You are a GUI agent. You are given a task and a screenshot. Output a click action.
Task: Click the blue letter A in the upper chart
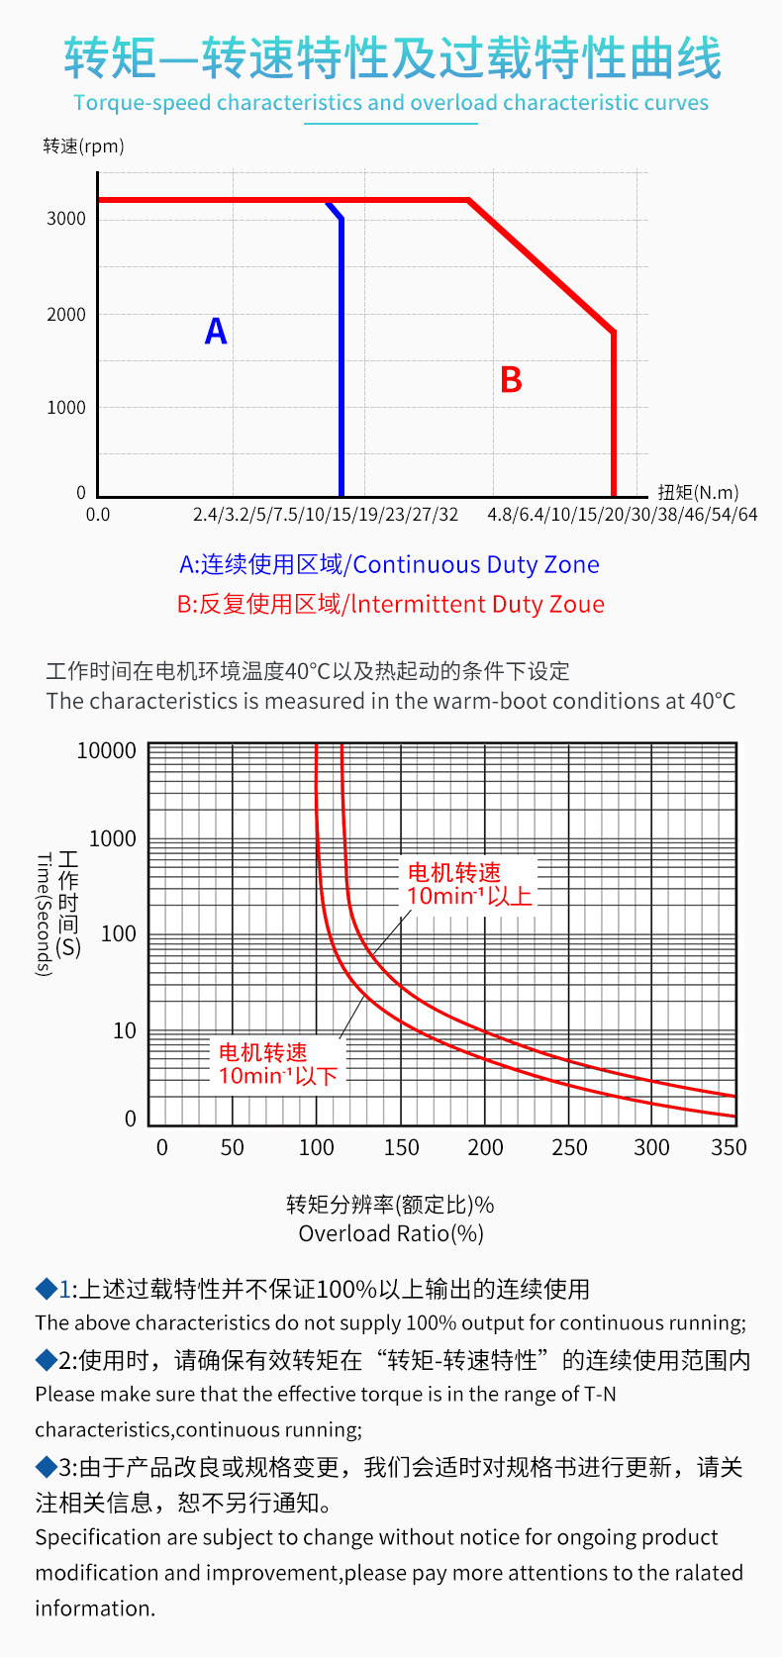coord(216,331)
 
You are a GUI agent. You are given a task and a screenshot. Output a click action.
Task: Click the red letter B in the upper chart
coord(511,380)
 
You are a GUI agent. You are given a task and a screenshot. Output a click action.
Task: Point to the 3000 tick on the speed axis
coord(66,219)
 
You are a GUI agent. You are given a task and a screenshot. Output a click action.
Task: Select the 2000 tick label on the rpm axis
coord(66,315)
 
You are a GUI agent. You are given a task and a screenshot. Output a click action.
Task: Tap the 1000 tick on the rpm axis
coord(66,407)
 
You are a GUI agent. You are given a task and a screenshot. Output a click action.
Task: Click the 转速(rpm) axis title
coord(84,146)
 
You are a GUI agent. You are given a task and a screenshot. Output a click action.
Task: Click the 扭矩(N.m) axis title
coord(698,492)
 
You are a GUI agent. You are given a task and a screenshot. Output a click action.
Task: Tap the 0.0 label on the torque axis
coord(98,515)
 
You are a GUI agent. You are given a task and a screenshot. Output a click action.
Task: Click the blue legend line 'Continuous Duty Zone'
coord(389,564)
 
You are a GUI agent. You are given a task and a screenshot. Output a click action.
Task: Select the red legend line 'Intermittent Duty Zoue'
coord(390,604)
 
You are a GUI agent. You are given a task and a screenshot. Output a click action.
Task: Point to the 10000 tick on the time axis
coord(107,750)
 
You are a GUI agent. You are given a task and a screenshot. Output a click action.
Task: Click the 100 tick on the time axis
coord(118,933)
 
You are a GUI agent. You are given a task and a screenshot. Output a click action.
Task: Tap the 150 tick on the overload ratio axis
coord(401,1147)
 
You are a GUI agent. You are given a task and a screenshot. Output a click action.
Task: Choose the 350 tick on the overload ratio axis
coord(729,1147)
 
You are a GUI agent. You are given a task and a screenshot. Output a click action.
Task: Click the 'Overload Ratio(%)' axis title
coord(391,1233)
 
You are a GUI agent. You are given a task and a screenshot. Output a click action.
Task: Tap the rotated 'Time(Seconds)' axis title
coord(43,915)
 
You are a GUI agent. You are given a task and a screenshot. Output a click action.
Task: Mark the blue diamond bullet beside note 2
coord(46,1360)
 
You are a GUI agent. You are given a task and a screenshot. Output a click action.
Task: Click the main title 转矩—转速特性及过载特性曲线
coord(392,58)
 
